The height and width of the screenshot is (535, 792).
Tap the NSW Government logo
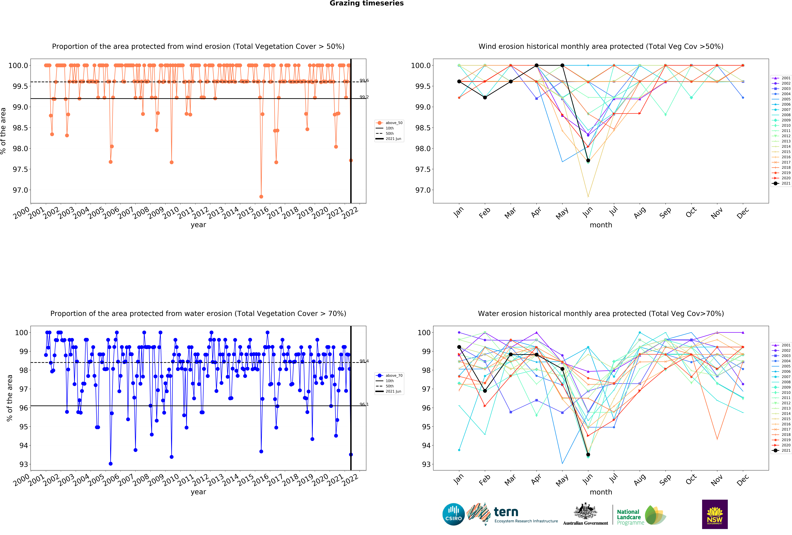click(x=715, y=514)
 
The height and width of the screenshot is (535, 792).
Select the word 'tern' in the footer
click(x=506, y=512)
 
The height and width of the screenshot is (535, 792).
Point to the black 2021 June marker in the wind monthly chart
click(x=588, y=160)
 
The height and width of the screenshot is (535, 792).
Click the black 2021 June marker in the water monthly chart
click(x=588, y=455)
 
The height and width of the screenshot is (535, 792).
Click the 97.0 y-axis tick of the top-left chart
click(x=20, y=190)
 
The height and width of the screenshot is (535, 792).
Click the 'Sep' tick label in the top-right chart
click(x=665, y=213)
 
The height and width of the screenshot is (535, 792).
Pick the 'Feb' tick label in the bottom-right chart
click(x=484, y=480)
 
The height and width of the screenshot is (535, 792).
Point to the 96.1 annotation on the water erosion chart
click(x=364, y=404)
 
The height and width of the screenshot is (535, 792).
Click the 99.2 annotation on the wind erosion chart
click(x=364, y=97)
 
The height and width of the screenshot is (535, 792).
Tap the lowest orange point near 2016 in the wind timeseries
click(x=261, y=197)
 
